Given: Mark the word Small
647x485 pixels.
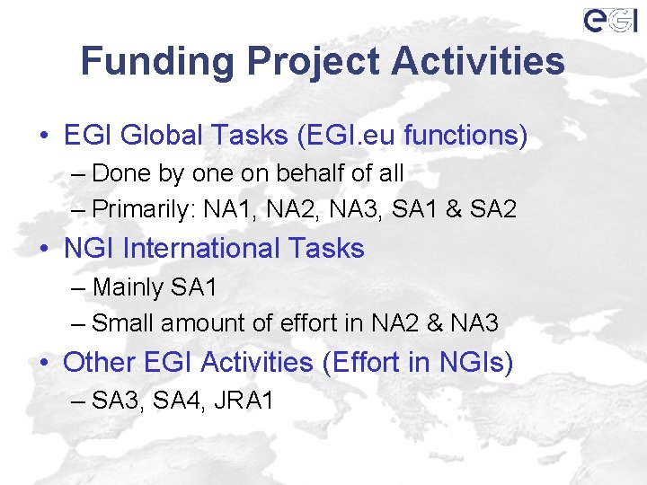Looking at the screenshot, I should tap(120, 322).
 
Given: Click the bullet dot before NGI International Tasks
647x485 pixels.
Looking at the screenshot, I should tap(44, 249).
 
